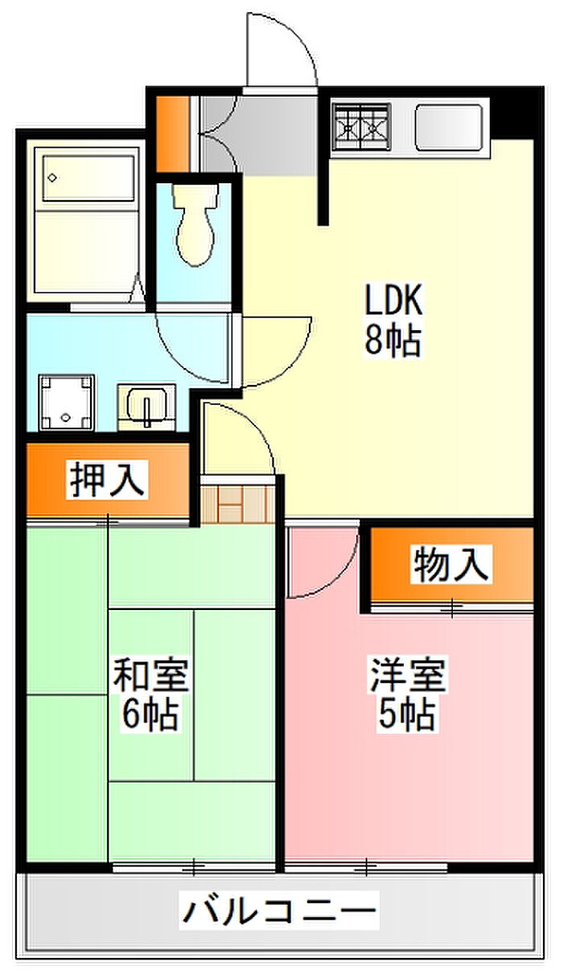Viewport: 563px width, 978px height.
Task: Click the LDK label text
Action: pos(393,300)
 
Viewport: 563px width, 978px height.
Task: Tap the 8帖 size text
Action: pos(392,341)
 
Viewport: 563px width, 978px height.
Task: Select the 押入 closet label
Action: pos(107,481)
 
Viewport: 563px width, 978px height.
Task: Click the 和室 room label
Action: pos(151,674)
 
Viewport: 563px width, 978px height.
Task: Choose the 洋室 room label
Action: pos(408,675)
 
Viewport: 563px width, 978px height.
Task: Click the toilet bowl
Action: pos(195,225)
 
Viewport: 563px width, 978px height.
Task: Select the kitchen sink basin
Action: pos(449,127)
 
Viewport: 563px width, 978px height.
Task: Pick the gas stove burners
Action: pos(360,127)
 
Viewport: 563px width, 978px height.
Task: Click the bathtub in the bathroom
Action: pos(88,178)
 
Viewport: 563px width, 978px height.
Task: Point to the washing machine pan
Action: pos(66,402)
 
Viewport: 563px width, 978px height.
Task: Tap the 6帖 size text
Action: pos(150,716)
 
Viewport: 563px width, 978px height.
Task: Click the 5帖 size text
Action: pos(407,716)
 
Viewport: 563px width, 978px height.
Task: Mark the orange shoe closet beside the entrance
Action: pos(173,133)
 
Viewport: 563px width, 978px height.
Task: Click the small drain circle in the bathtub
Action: pos(53,178)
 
